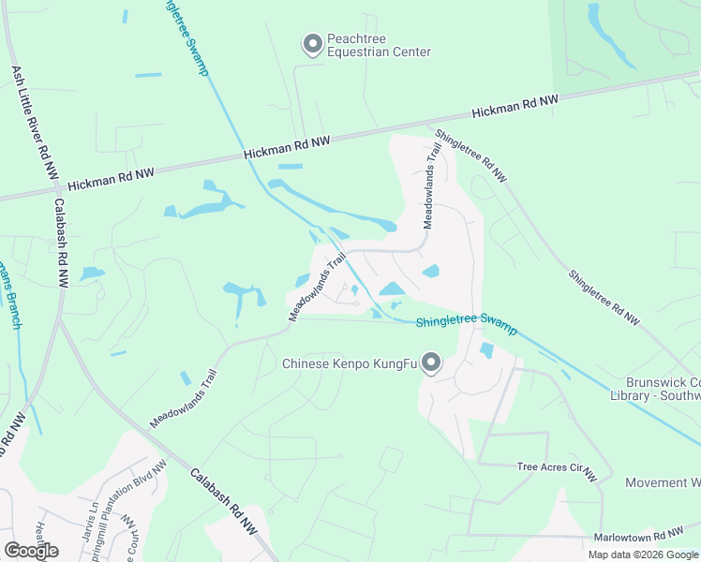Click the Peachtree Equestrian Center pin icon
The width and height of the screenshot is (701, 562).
(312, 43)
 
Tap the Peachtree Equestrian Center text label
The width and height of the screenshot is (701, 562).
(378, 46)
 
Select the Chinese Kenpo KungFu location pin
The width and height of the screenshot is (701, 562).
(431, 361)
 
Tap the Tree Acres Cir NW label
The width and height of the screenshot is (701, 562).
(557, 470)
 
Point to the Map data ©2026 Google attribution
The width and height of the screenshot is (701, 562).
(643, 555)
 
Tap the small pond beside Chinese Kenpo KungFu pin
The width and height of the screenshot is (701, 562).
(486, 351)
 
